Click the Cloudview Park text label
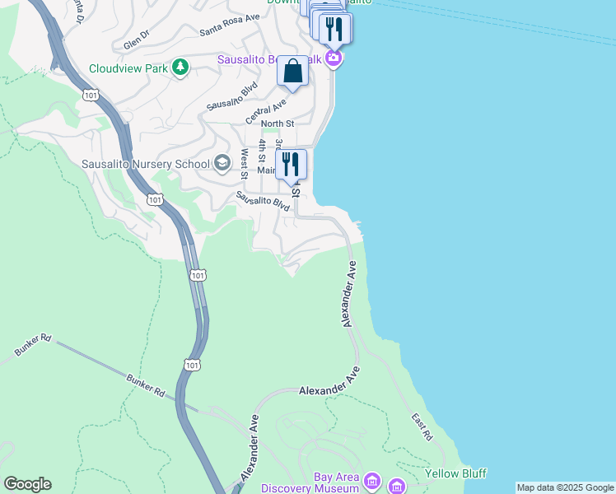click(128, 68)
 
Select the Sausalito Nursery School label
click(146, 164)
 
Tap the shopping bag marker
click(292, 72)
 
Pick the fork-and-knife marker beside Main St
click(291, 165)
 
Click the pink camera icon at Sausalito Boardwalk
click(333, 58)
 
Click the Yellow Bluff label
click(455, 473)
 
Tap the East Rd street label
click(422, 426)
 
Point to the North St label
click(278, 123)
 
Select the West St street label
click(244, 164)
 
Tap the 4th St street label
click(262, 152)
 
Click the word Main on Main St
click(266, 170)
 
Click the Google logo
click(27, 484)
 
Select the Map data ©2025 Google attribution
click(565, 487)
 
